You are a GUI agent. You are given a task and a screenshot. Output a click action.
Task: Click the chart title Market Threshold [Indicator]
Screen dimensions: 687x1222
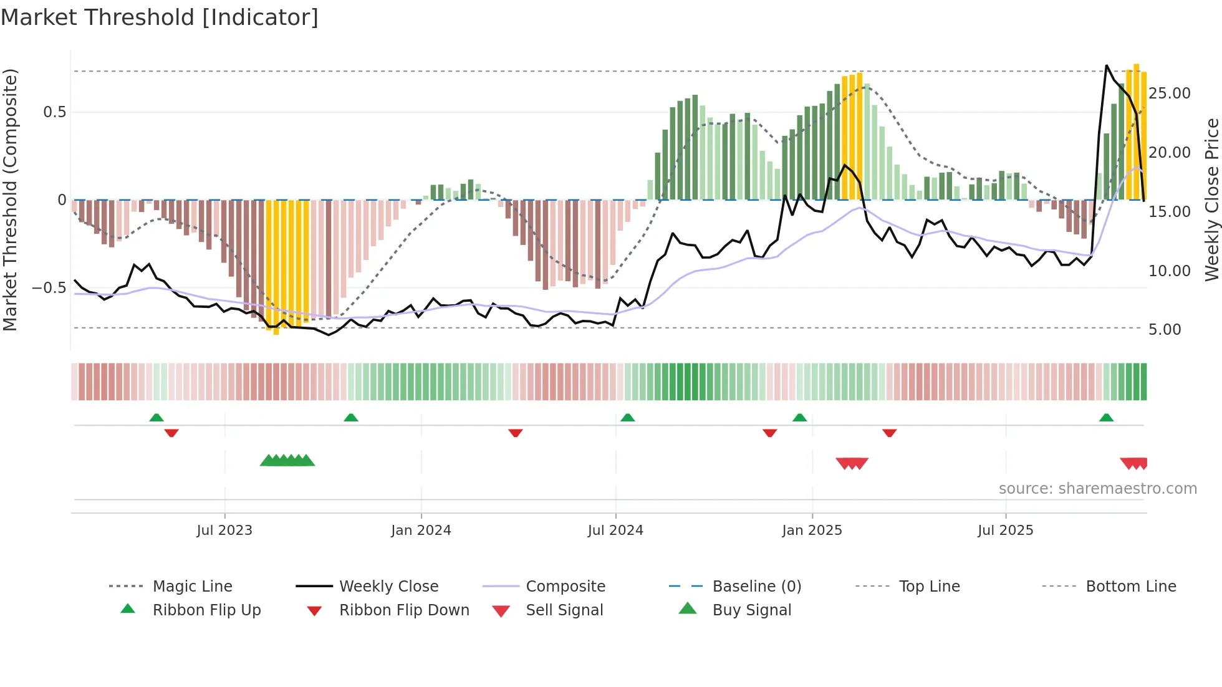pos(160,17)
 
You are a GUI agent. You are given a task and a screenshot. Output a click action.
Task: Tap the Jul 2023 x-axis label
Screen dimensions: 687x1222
pos(224,531)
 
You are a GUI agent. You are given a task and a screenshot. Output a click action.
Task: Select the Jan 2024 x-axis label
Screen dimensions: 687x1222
pos(421,531)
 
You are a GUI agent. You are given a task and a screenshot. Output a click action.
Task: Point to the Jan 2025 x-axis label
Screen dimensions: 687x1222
pos(812,531)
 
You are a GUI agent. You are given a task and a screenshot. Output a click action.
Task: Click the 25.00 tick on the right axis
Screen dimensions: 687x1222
pos(1169,94)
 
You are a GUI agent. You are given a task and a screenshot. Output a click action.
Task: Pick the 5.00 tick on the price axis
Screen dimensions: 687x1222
pos(1164,330)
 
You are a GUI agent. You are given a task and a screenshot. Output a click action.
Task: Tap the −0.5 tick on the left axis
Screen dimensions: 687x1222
pos(49,288)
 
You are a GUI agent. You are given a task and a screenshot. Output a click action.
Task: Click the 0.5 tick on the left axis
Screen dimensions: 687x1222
pos(54,112)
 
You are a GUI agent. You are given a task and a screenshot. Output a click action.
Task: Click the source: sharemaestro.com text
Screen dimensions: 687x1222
pos(1097,489)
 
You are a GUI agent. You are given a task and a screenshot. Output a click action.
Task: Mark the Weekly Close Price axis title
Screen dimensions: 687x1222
pos(1211,199)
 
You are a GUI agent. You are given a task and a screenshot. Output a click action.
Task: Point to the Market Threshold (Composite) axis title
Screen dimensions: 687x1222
pos(10,199)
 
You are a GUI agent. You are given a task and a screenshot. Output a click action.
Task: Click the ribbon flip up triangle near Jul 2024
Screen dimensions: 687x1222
pos(628,418)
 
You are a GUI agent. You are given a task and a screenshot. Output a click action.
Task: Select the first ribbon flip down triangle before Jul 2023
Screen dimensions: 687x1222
pos(171,433)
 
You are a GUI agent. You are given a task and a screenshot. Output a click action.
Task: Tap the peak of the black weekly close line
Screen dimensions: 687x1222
pos(1107,65)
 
